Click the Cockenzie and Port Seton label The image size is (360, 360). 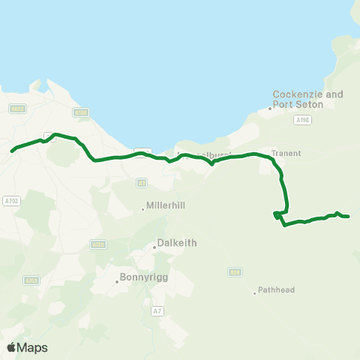tap(307, 99)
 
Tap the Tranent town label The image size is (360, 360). tap(286, 153)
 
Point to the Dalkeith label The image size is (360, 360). tap(176, 243)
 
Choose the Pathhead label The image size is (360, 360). tap(276, 290)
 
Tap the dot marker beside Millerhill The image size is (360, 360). tap(143, 209)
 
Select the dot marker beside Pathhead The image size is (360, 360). tap(254, 292)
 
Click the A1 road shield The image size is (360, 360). tap(141, 182)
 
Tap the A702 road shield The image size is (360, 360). tap(10, 201)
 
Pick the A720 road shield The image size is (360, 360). tap(97, 244)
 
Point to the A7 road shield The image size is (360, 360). tap(157, 310)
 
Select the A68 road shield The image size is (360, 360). tap(235, 272)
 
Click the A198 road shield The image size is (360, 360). tap(302, 119)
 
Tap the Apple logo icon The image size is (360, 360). tap(11, 347)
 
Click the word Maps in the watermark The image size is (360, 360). tap(32, 347)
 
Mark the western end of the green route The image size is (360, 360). tap(12, 151)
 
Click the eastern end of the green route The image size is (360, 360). tap(349, 217)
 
